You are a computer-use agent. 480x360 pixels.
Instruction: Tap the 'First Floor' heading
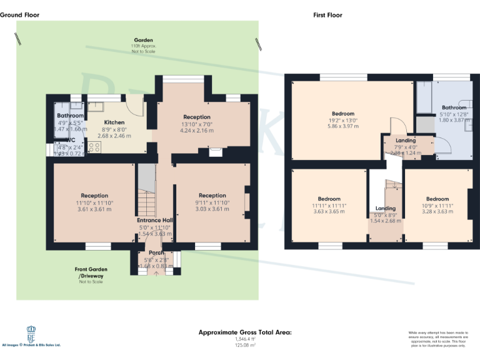pos(327,15)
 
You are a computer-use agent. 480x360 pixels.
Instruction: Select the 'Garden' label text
pos(143,40)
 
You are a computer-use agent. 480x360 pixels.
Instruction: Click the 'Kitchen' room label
pos(114,122)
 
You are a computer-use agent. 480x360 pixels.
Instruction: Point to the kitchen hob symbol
pos(95,147)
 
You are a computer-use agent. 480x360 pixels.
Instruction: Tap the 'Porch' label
pos(156,252)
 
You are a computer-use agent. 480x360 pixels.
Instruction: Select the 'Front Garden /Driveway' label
pos(91,272)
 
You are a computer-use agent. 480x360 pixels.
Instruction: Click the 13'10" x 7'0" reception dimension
pos(197,124)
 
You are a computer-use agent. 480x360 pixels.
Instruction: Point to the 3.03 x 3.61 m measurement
pos(212,209)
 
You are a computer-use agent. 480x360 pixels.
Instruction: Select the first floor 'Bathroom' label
pos(454,107)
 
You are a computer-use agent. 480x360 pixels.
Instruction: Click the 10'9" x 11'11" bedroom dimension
pos(437,205)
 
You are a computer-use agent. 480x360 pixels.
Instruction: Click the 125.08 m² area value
pos(245,344)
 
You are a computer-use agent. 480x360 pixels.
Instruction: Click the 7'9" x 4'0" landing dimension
pos(406,147)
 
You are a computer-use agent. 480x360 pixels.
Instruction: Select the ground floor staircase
pos(146,194)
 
